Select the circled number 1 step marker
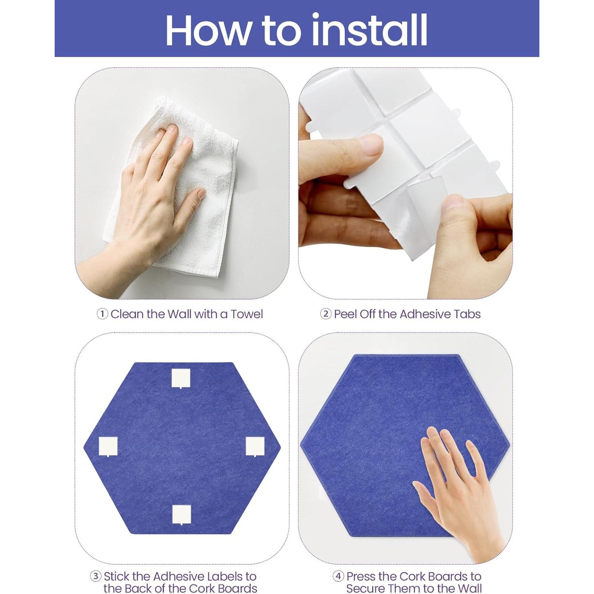102,314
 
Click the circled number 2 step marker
326,314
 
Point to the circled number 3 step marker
95,576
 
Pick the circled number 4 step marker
338,576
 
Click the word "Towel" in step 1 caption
247,314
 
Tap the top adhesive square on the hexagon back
181,379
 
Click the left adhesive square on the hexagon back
108,447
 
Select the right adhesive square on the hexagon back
255,447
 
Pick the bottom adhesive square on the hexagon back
182,515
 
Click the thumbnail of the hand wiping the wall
182,183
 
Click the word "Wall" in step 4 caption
469,588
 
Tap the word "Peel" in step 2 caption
345,314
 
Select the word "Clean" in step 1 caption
127,314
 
